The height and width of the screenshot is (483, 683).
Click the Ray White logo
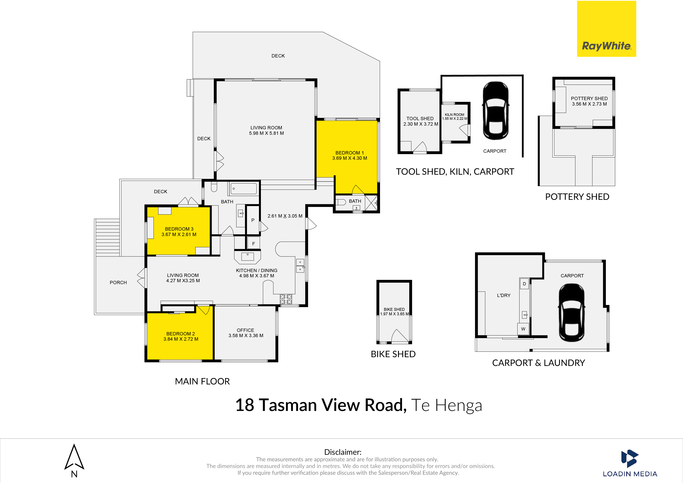click(606, 29)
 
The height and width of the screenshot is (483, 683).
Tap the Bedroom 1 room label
click(349, 153)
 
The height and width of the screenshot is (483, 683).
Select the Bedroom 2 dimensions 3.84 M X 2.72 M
click(181, 339)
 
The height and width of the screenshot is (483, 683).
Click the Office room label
click(245, 330)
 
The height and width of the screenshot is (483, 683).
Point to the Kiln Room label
click(454, 115)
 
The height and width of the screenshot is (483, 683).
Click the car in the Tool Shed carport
click(495, 111)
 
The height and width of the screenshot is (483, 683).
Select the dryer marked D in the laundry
click(524, 284)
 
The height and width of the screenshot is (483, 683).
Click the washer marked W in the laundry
click(523, 329)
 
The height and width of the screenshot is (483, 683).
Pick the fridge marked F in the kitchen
click(253, 243)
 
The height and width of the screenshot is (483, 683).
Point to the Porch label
click(118, 282)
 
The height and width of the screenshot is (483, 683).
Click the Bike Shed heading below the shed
click(393, 354)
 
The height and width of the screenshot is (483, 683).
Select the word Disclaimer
click(343, 452)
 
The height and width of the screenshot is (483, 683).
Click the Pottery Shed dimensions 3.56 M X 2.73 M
click(589, 104)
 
